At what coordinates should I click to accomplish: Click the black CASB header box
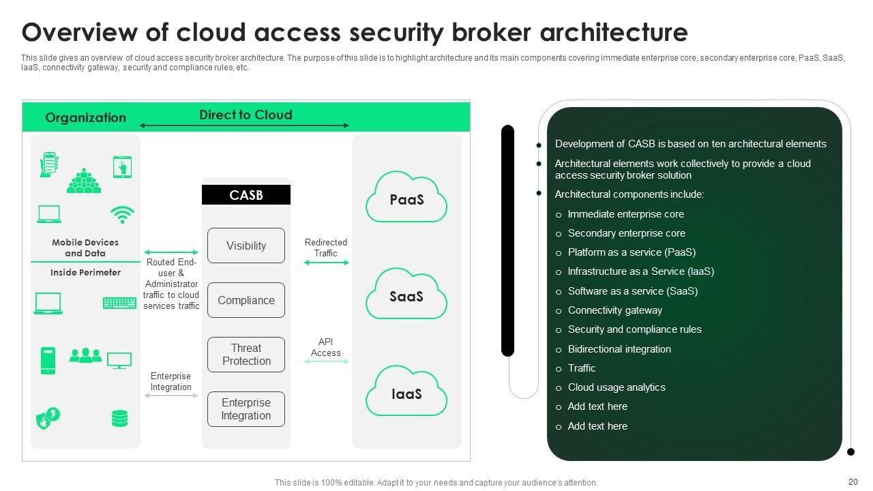click(x=246, y=195)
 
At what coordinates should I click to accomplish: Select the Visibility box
click(x=246, y=245)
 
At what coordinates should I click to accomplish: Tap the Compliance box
click(x=246, y=300)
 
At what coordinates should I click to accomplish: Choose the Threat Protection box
click(x=246, y=355)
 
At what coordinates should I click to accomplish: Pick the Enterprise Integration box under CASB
click(x=246, y=409)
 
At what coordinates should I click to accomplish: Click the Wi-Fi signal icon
click(x=122, y=215)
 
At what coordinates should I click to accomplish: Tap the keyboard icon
click(x=119, y=303)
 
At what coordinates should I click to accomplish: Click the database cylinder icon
click(x=119, y=418)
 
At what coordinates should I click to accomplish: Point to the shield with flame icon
click(x=48, y=418)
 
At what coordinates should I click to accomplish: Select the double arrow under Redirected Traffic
click(x=326, y=263)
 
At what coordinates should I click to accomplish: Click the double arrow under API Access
click(x=326, y=361)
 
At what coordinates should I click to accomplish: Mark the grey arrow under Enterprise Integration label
click(x=171, y=396)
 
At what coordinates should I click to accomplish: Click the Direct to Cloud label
click(x=246, y=115)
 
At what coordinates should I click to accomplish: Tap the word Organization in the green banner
click(x=85, y=117)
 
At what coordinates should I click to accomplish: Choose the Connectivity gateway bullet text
click(x=615, y=310)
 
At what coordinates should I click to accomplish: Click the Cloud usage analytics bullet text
click(x=617, y=387)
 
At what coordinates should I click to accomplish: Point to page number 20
click(x=853, y=482)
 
